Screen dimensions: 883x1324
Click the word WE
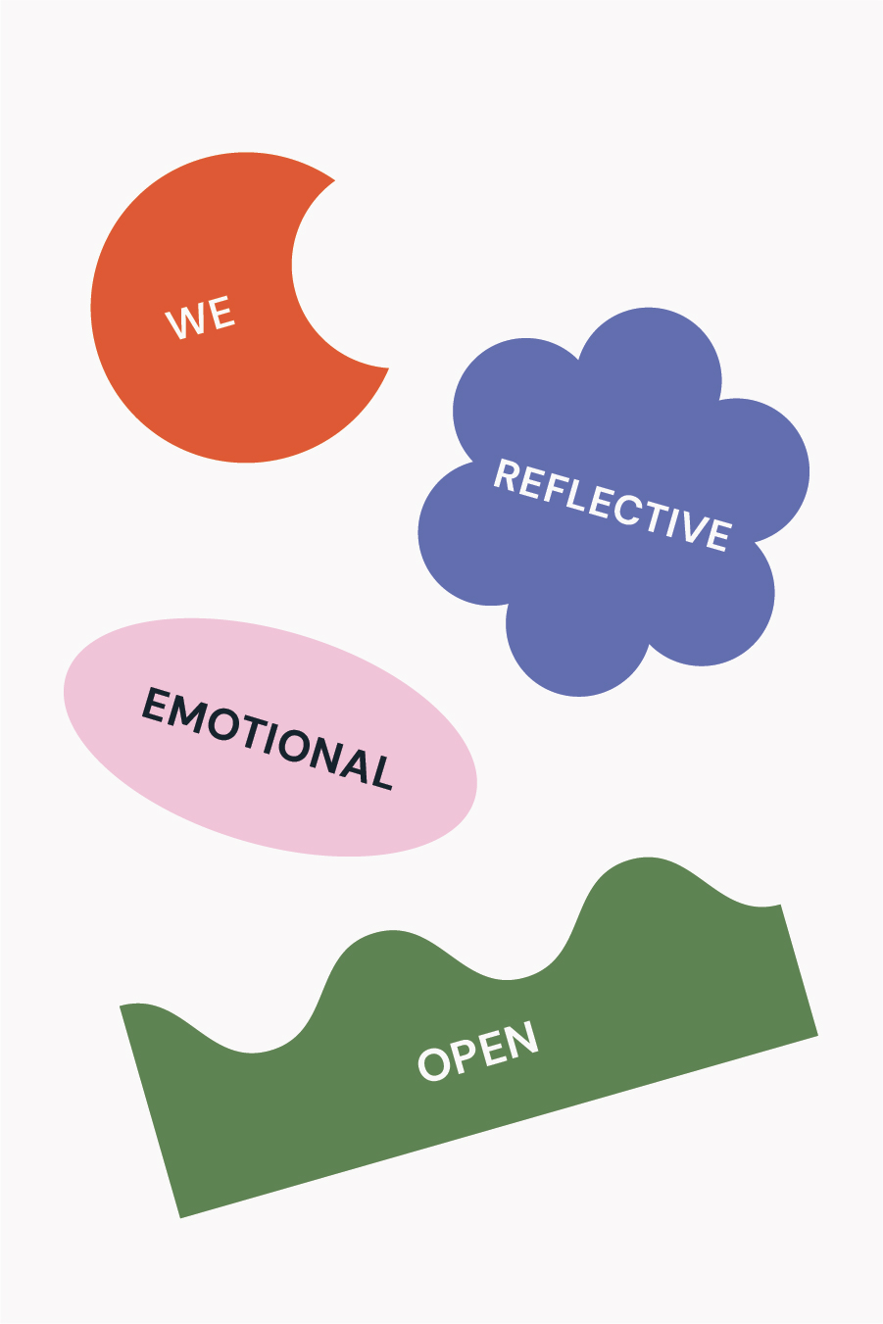[x=200, y=318]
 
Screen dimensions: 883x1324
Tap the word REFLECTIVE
[x=613, y=506]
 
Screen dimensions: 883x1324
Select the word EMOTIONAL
[x=268, y=738]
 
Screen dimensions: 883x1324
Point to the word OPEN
[x=478, y=1051]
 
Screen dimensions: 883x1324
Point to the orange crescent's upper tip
[x=334, y=179]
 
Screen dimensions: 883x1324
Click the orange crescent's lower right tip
[x=388, y=368]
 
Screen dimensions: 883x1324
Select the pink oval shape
[x=270, y=736]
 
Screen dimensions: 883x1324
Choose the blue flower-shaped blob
[x=613, y=502]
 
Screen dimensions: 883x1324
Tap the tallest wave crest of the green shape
[x=647, y=858]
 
